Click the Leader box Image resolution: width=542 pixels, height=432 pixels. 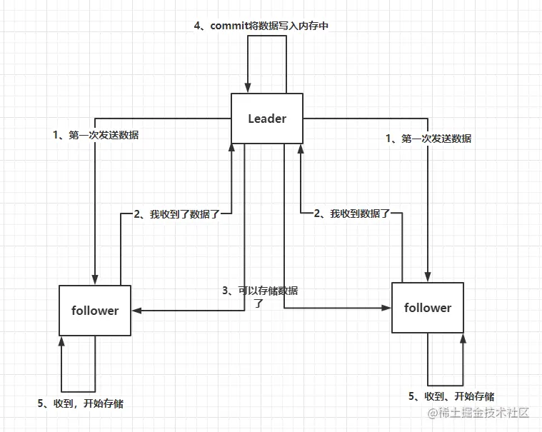267,119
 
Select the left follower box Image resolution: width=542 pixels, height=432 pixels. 95,311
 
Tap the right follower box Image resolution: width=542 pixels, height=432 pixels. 428,308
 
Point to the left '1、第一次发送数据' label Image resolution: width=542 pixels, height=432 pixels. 96,135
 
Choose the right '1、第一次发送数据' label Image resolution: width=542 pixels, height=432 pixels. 428,139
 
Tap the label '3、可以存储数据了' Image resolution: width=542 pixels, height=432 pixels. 260,296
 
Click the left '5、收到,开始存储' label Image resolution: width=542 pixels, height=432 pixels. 80,403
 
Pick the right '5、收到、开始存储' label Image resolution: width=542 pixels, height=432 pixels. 451,396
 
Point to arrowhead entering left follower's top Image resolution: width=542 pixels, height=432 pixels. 95,279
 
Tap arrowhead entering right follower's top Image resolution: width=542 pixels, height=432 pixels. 428,276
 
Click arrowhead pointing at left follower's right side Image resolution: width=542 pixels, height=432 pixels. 136,311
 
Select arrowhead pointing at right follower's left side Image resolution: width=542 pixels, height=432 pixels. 386,308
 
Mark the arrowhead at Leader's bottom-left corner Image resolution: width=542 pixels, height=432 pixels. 232,148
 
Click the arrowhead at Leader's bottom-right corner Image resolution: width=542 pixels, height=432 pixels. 300,148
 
